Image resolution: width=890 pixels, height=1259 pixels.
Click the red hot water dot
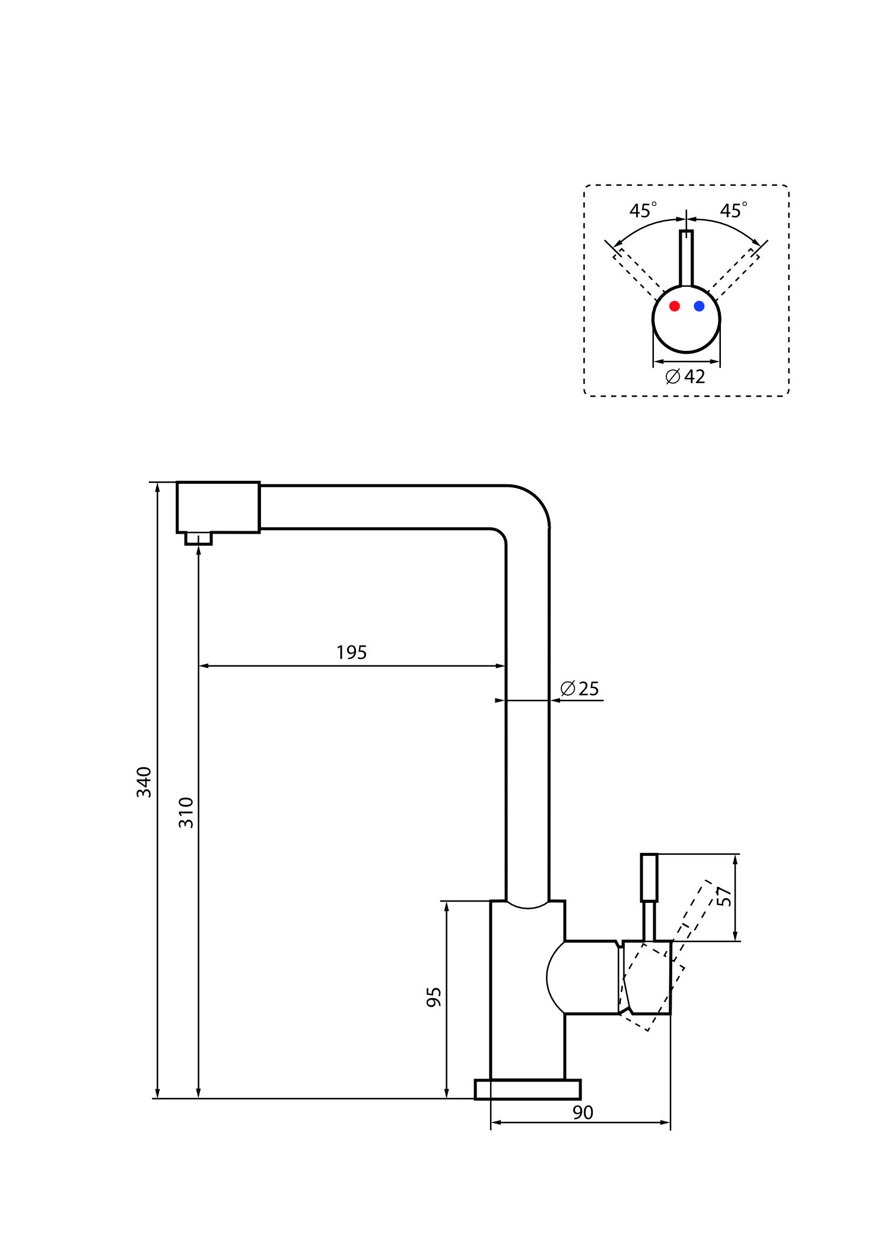[x=674, y=306]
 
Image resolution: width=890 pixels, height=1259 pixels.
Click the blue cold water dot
[x=699, y=306]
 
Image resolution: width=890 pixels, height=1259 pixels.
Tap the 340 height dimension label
[x=144, y=782]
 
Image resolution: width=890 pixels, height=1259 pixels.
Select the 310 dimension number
[x=186, y=813]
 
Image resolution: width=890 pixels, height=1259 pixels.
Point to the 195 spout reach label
[x=351, y=652]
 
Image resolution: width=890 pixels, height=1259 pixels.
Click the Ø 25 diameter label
[x=580, y=689]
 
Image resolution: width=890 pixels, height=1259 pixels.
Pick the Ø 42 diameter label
[x=685, y=376]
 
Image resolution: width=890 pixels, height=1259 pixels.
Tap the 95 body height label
[x=434, y=997]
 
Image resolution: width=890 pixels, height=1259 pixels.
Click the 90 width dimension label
[x=583, y=1112]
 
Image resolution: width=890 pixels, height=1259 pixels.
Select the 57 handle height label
[x=724, y=896]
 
